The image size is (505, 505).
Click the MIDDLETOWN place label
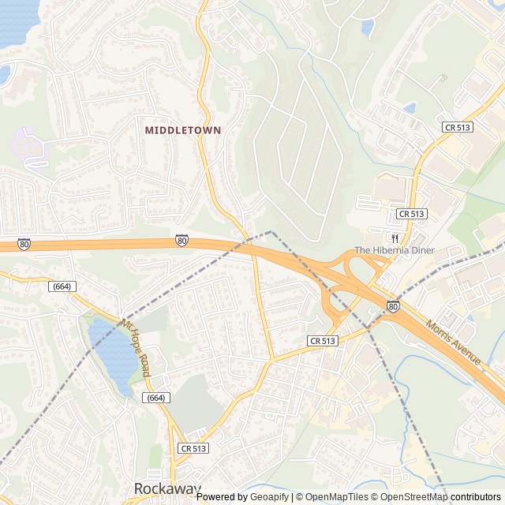tap(183, 129)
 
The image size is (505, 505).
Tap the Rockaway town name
tap(167, 488)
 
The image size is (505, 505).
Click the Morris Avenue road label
tap(453, 341)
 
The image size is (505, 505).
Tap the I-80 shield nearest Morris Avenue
tap(393, 306)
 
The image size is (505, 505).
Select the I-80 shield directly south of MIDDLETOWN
tap(182, 241)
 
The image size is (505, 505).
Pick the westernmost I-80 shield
tap(24, 245)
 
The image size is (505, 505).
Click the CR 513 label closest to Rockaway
tap(193, 448)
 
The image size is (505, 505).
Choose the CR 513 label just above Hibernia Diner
tap(412, 214)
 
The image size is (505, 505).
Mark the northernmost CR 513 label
tap(457, 127)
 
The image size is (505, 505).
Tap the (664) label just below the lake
tap(156, 398)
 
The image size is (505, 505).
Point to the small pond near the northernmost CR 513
tap(409, 108)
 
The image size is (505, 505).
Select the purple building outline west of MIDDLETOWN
tap(28, 148)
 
